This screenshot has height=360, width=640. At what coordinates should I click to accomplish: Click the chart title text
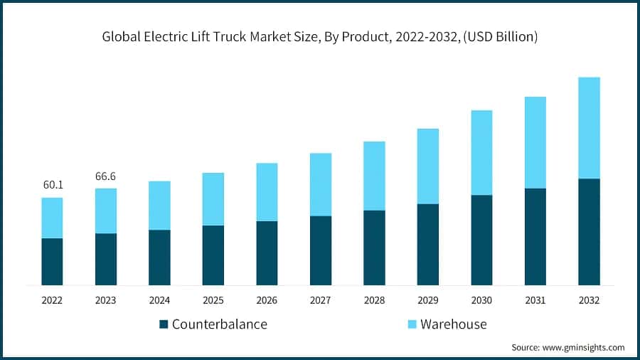tap(320, 36)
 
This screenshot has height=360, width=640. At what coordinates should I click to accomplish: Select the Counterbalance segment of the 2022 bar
tap(52, 261)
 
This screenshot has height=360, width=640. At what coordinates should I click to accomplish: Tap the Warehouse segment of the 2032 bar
tap(589, 128)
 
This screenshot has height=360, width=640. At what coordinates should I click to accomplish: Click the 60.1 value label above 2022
tap(53, 185)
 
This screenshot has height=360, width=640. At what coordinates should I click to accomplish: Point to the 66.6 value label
tap(106, 176)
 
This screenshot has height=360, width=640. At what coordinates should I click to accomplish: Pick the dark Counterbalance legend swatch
tap(164, 324)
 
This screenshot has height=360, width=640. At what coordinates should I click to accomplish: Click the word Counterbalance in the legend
tap(219, 324)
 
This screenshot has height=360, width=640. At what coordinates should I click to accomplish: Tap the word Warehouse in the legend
tap(453, 324)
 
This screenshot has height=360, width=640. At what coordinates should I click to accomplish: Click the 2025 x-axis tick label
tap(213, 301)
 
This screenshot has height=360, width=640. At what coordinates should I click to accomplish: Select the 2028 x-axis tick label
tap(374, 301)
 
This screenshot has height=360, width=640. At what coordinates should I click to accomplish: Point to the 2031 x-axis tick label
tap(535, 301)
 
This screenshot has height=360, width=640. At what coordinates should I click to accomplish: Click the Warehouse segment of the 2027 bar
tap(321, 184)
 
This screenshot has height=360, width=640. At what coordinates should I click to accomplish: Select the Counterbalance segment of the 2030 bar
tap(481, 240)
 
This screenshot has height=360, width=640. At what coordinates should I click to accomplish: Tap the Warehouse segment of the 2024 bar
tap(159, 205)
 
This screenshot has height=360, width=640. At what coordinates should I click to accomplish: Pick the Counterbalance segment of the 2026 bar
tap(267, 253)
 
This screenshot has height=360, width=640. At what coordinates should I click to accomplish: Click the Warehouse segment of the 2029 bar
tap(428, 166)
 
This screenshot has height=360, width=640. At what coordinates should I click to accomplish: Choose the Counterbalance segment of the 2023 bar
tap(106, 259)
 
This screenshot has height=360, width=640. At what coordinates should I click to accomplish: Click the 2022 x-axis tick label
tap(52, 301)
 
